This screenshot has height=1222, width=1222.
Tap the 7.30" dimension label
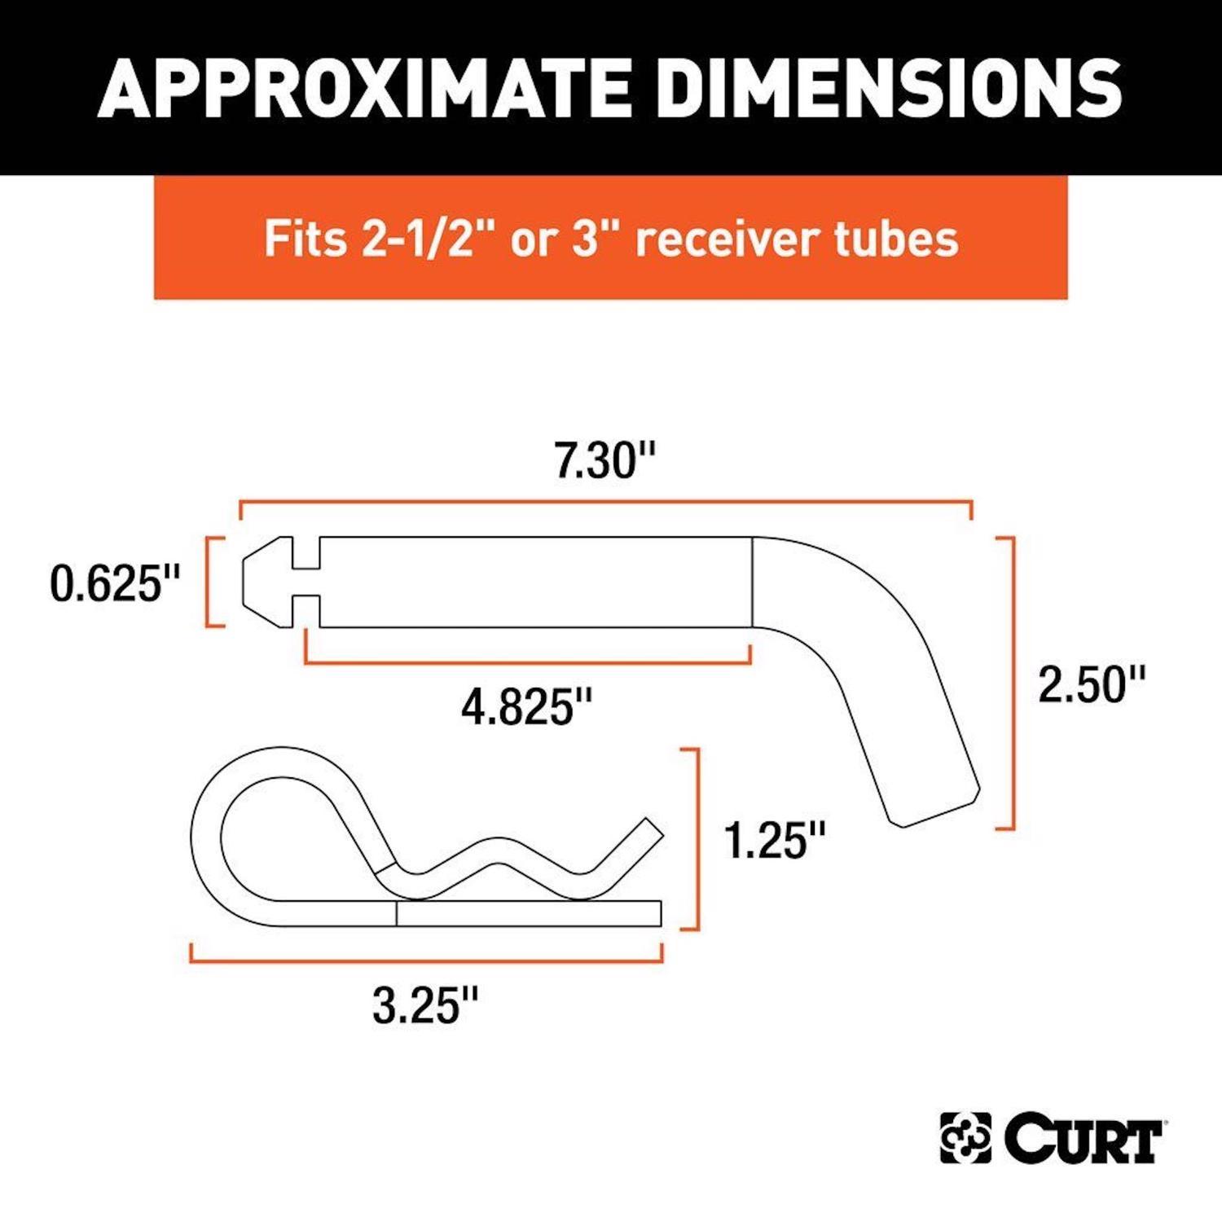(604, 460)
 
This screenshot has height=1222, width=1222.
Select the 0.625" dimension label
(115, 584)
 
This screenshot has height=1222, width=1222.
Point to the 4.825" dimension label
(526, 706)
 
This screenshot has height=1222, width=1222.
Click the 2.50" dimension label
(1091, 684)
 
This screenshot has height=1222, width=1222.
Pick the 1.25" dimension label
(775, 841)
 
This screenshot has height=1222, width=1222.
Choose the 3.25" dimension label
(425, 1005)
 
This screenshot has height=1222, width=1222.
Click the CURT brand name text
(1083, 1138)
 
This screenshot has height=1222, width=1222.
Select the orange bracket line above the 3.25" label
(426, 960)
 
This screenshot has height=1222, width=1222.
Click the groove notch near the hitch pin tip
(306, 582)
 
